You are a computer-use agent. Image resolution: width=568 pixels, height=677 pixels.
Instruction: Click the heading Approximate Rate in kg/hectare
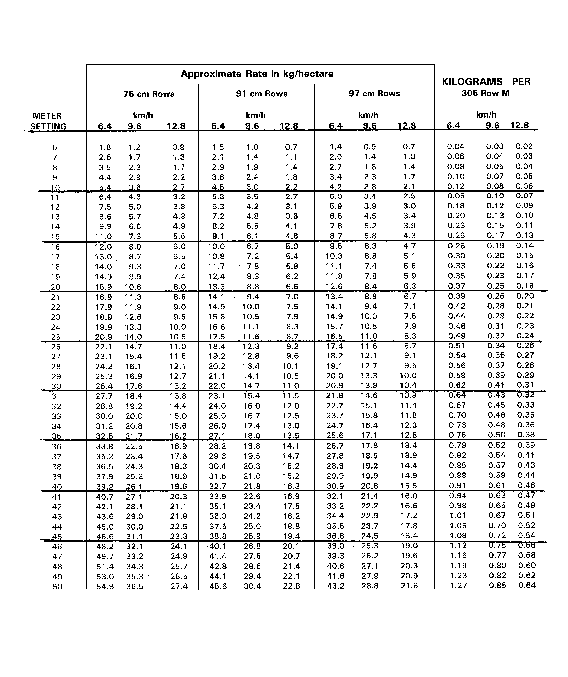(257, 74)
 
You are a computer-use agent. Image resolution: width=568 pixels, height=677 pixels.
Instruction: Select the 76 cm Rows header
(149, 94)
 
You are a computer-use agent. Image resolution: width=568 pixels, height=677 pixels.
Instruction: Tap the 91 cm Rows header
(262, 94)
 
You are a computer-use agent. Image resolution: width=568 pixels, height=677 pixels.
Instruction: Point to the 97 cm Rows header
(374, 94)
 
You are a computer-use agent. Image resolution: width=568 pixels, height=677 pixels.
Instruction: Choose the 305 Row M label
(485, 94)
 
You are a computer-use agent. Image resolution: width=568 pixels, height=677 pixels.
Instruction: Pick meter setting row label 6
(54, 148)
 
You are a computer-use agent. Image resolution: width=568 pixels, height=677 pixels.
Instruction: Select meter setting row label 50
(57, 587)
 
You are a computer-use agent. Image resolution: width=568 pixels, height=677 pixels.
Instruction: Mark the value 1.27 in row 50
(458, 586)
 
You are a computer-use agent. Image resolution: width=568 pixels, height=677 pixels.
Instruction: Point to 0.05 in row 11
(455, 196)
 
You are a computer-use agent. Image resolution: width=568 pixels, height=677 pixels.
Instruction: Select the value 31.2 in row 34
(104, 426)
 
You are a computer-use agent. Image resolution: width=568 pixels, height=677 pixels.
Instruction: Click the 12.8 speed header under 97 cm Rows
(406, 126)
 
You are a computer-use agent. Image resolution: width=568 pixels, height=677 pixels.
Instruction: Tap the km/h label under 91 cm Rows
(255, 115)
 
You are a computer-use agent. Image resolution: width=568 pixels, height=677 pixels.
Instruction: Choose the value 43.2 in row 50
(335, 586)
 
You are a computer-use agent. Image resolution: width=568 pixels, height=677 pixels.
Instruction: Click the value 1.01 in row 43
(458, 516)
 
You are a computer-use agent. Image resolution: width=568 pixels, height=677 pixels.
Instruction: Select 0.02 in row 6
(524, 146)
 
